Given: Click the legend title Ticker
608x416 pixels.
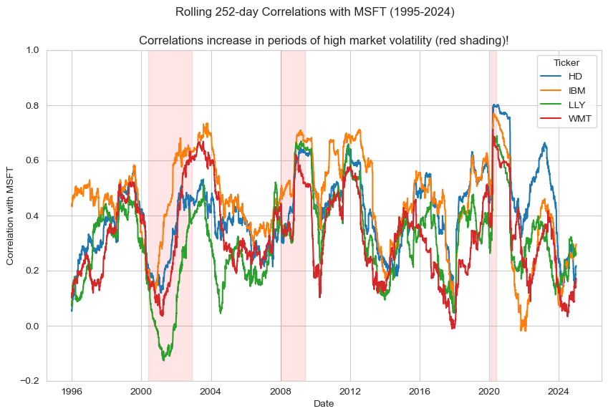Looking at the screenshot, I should [x=566, y=62].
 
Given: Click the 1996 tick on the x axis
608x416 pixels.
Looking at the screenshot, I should [x=72, y=392].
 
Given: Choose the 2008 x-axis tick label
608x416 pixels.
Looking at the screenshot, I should [x=281, y=392].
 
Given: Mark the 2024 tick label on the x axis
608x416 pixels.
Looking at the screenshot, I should [x=559, y=392].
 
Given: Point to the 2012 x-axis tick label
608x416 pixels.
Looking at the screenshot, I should [x=350, y=392].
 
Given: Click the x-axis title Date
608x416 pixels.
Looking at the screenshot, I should [x=324, y=404].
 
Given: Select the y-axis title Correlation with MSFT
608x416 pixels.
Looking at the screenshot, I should [x=11, y=216].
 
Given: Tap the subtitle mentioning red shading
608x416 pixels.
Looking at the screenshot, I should [x=324, y=40].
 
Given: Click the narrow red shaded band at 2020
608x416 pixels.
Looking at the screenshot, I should [x=493, y=215].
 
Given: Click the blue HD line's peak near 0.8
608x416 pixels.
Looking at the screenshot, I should [x=495, y=105].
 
